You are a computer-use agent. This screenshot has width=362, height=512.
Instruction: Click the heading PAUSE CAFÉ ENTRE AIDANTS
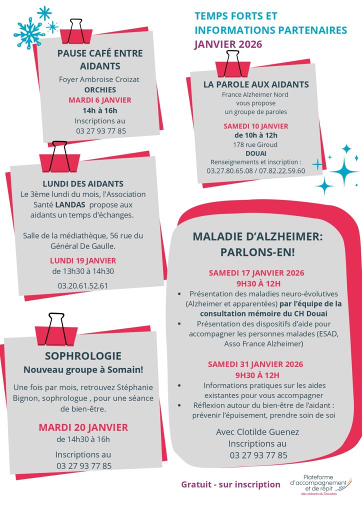click(x=100, y=59)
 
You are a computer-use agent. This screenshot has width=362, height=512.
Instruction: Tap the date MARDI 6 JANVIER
click(x=100, y=100)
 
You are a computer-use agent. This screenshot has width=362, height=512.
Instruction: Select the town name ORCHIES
click(x=100, y=90)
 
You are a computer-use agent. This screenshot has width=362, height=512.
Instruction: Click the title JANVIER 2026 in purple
click(x=227, y=43)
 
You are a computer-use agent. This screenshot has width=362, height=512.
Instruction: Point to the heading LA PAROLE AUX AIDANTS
click(x=256, y=84)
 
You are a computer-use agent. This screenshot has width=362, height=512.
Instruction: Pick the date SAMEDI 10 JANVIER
click(x=255, y=126)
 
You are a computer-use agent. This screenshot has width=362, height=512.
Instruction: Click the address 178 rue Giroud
click(x=255, y=144)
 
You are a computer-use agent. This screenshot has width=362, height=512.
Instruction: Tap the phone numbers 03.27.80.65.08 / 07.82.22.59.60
click(x=255, y=170)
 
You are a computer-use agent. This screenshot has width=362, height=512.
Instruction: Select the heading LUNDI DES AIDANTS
click(x=83, y=183)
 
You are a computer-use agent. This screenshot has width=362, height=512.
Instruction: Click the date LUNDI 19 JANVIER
click(x=83, y=260)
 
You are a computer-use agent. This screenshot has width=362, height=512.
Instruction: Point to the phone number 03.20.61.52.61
click(x=83, y=286)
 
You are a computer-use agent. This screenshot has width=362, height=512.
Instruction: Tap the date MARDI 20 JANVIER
click(x=83, y=427)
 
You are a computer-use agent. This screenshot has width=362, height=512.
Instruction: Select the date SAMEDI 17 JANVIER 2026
click(x=256, y=273)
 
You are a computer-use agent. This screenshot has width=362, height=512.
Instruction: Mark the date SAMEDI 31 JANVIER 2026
click(x=256, y=364)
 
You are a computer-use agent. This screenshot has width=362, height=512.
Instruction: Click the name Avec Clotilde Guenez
click(x=258, y=431)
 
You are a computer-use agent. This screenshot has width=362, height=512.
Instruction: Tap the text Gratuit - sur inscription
click(x=230, y=484)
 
